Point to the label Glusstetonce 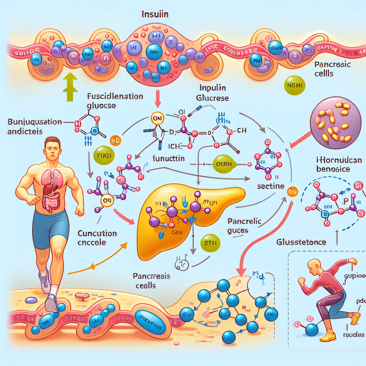pyautogui.click(x=301, y=242)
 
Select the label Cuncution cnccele pyautogui.click(x=97, y=237)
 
